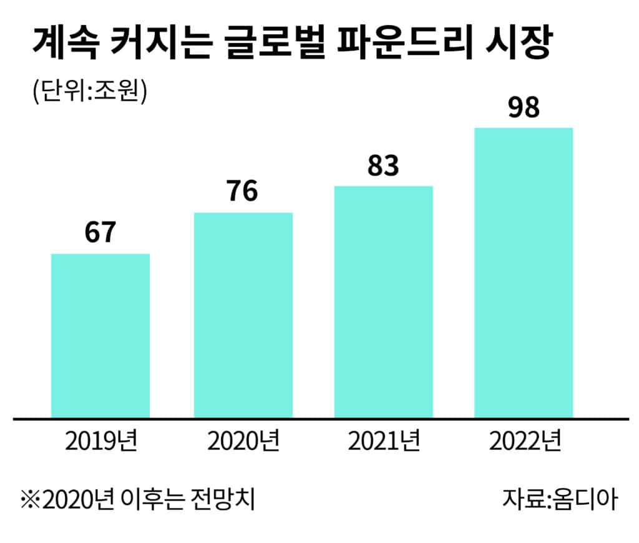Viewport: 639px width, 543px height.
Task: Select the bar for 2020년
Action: coord(243,315)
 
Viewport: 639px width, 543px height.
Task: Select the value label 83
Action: coord(383,165)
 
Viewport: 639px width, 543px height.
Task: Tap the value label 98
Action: coord(524,108)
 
